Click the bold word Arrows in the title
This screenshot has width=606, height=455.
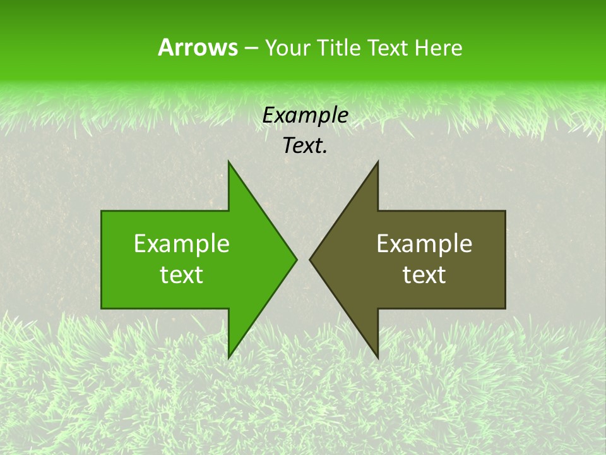pyautogui.click(x=197, y=47)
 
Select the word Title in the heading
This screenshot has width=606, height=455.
pyautogui.click(x=340, y=48)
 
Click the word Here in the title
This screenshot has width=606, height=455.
pyautogui.click(x=438, y=48)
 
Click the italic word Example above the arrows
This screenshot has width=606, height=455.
pyautogui.click(x=306, y=116)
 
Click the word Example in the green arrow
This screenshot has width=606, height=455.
pyautogui.click(x=182, y=244)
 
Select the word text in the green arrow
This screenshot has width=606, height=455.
pyautogui.click(x=182, y=275)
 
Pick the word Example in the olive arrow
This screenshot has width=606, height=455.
pyautogui.click(x=424, y=244)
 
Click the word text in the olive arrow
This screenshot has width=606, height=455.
pyautogui.click(x=424, y=275)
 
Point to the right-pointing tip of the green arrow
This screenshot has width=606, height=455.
pyautogui.click(x=296, y=259)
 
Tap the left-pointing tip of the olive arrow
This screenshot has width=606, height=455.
pyautogui.click(x=310, y=259)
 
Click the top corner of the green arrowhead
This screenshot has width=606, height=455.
pyautogui.click(x=229, y=162)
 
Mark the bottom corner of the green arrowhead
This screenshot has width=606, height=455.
pyautogui.click(x=229, y=358)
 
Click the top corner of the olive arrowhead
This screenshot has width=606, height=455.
pyautogui.click(x=377, y=162)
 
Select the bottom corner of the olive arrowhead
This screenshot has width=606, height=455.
pyautogui.click(x=377, y=358)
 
